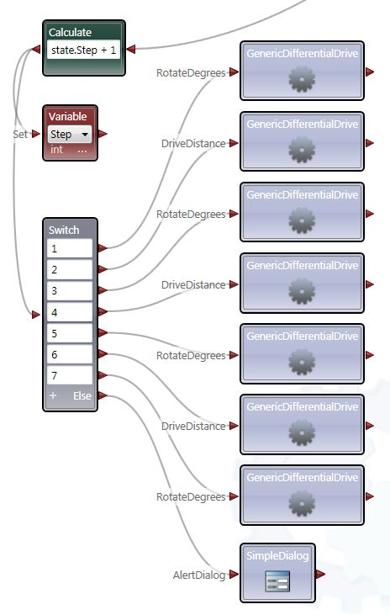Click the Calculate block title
[71, 32]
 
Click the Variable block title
[67, 116]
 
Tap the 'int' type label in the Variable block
[56, 149]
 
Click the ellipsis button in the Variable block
[82, 149]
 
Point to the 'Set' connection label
[20, 133]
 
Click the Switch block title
[65, 230]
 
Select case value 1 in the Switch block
[70, 248]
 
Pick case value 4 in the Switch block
[70, 311]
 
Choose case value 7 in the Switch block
[70, 374]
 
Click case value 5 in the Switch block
[70, 332]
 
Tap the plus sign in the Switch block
[52, 395]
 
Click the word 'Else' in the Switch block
[82, 395]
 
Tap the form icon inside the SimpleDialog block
[277, 581]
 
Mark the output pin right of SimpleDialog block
[320, 575]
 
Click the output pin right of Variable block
[103, 133]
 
